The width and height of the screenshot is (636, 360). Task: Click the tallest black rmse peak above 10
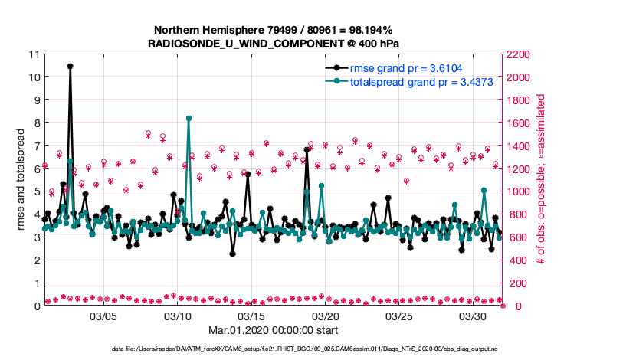coord(70,66)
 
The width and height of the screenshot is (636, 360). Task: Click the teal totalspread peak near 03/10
coord(189,118)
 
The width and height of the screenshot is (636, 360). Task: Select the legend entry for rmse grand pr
coord(407,67)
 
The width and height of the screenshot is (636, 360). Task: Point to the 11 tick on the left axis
coord(33,54)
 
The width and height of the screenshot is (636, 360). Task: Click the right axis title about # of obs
coord(542,180)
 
